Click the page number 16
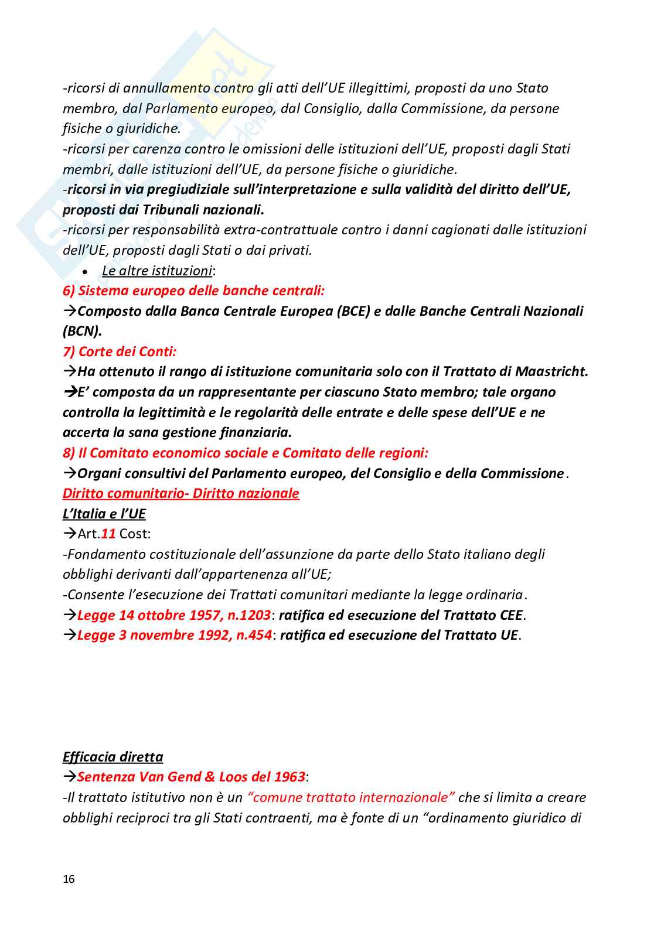(x=69, y=879)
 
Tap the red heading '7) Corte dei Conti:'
(x=120, y=351)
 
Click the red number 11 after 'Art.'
(x=108, y=534)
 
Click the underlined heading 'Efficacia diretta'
(x=113, y=757)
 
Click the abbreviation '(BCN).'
(x=82, y=331)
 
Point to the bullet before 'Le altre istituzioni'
(x=86, y=272)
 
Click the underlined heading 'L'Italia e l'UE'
(x=104, y=514)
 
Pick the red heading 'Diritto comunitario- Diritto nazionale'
(x=180, y=493)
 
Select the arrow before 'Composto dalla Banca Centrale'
(x=70, y=311)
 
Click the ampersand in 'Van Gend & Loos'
(x=210, y=777)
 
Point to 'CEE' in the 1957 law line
(x=510, y=615)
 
